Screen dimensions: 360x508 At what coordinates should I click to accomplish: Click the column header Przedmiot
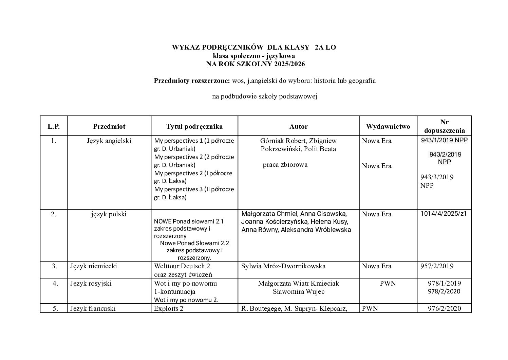click(109, 126)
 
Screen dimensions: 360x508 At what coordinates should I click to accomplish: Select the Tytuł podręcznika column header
click(194, 126)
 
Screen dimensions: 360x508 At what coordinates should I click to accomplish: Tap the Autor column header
click(299, 126)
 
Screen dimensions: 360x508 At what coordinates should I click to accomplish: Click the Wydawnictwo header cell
click(388, 126)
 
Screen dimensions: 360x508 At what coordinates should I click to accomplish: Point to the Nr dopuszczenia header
click(444, 126)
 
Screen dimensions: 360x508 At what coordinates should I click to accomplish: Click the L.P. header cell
click(54, 126)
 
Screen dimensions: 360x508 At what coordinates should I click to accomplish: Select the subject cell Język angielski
click(109, 141)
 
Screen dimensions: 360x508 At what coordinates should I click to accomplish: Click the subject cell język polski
click(109, 214)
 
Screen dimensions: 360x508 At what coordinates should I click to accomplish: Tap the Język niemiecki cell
click(93, 266)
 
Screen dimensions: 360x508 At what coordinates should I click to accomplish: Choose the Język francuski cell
click(93, 308)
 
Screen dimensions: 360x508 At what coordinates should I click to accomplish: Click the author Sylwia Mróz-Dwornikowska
click(283, 266)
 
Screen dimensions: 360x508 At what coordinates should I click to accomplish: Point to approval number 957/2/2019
click(437, 266)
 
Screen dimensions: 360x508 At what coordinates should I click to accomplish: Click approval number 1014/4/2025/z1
click(444, 214)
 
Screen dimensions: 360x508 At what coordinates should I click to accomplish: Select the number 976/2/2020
click(444, 308)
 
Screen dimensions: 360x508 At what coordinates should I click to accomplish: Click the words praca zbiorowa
click(285, 165)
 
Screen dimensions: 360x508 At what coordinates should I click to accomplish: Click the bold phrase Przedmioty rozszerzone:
click(192, 81)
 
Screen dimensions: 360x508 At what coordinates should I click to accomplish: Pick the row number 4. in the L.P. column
click(55, 283)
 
